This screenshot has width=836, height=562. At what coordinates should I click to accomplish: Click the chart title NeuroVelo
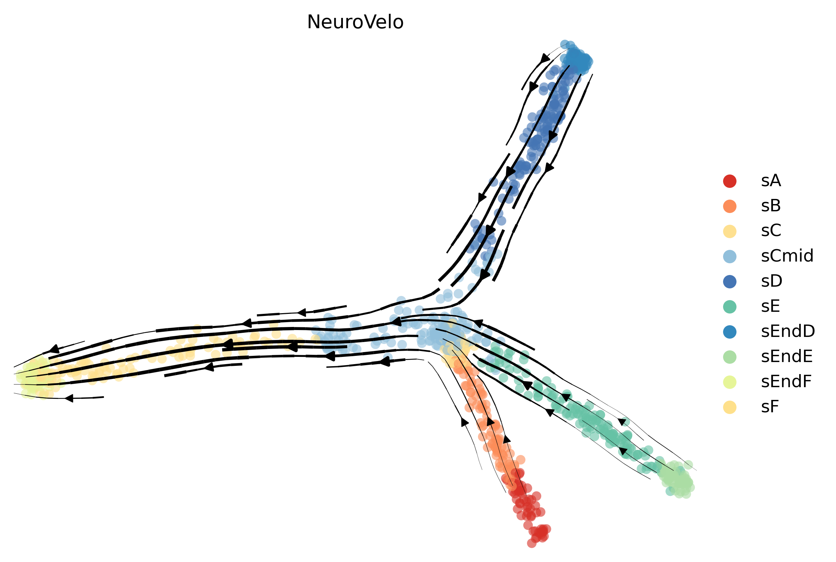pos(355,22)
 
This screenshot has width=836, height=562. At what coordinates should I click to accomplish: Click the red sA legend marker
pos(730,181)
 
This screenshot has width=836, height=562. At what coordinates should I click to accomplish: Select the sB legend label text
pos(771,206)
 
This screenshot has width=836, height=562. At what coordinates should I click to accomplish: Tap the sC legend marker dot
pos(730,231)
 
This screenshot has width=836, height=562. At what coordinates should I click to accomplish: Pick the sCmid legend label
pos(787,256)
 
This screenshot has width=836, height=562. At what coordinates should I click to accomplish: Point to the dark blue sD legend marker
pos(730,282)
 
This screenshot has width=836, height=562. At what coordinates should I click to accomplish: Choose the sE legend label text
pos(770,306)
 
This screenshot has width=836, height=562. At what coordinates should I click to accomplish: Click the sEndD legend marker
pos(730,331)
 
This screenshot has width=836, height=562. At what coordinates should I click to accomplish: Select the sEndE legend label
pos(786,357)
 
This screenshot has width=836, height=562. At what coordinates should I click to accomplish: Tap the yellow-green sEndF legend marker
pos(730,382)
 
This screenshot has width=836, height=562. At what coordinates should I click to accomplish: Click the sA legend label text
pos(771,181)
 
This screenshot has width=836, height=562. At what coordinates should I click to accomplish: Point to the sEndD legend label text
pos(788,331)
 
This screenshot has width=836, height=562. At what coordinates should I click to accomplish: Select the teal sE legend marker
pos(730,306)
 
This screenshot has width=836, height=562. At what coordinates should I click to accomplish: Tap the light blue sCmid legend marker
pos(730,256)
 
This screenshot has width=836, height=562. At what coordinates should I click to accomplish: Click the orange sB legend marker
pos(730,206)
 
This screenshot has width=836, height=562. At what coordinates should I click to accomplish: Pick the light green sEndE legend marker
pos(730,357)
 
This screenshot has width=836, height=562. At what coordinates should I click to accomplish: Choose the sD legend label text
pos(772,282)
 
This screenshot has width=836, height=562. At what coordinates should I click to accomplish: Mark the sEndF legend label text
pos(786,382)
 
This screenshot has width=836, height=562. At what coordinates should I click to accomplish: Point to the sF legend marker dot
pos(730,407)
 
